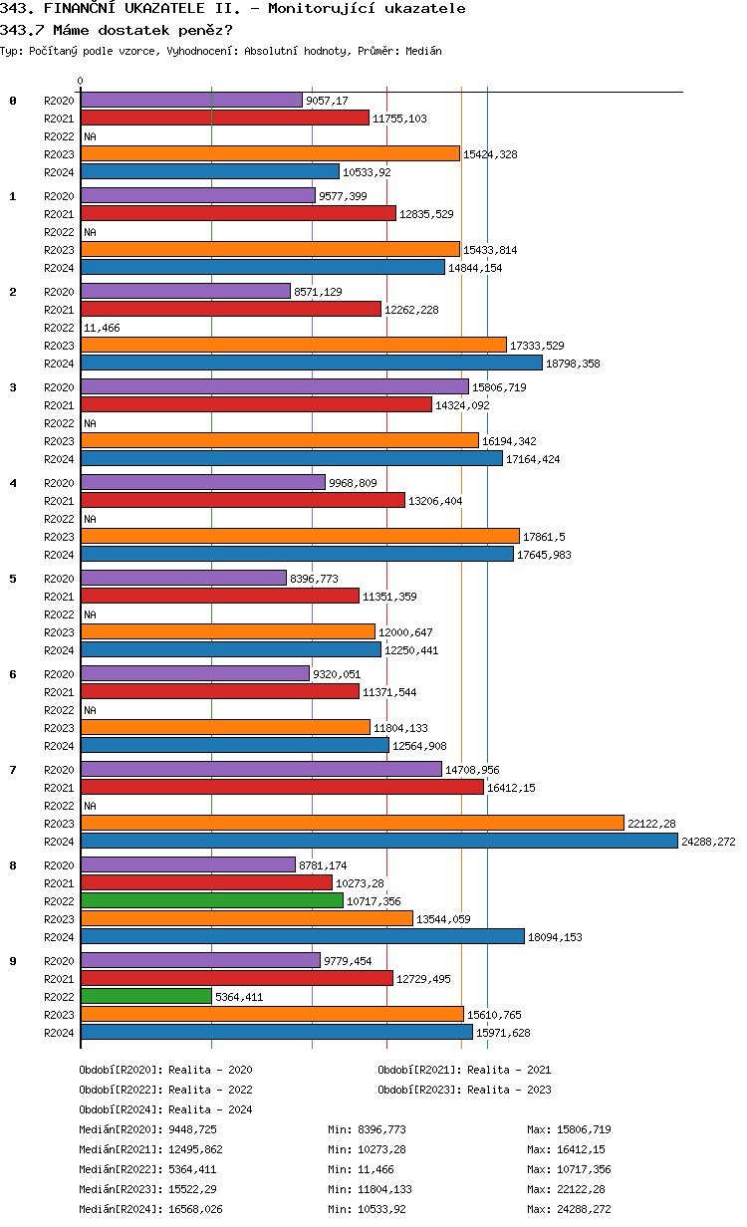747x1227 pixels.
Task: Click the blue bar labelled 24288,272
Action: coord(378,841)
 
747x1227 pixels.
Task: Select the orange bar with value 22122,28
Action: coord(352,823)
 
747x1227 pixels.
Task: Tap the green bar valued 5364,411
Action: coord(145,996)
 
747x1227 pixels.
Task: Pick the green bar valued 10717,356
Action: coord(211,900)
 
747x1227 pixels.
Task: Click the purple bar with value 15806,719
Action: coord(274,386)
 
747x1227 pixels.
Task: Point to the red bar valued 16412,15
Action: coord(282,787)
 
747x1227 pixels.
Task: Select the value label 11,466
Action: coord(101,327)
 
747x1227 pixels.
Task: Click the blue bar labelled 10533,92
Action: coord(209,171)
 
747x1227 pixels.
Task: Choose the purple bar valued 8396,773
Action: coord(183,578)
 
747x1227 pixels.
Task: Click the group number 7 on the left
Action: coord(13,770)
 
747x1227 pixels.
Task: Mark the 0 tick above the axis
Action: coord(81,81)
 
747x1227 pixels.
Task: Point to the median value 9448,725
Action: coord(192,1129)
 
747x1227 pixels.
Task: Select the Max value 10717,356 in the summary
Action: coord(583,1169)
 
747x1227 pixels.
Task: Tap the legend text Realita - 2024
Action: coord(210,1109)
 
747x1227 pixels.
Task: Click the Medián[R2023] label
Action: coord(121,1189)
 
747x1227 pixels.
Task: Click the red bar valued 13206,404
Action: coord(242,500)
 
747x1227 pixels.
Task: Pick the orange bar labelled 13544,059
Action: coord(246,918)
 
